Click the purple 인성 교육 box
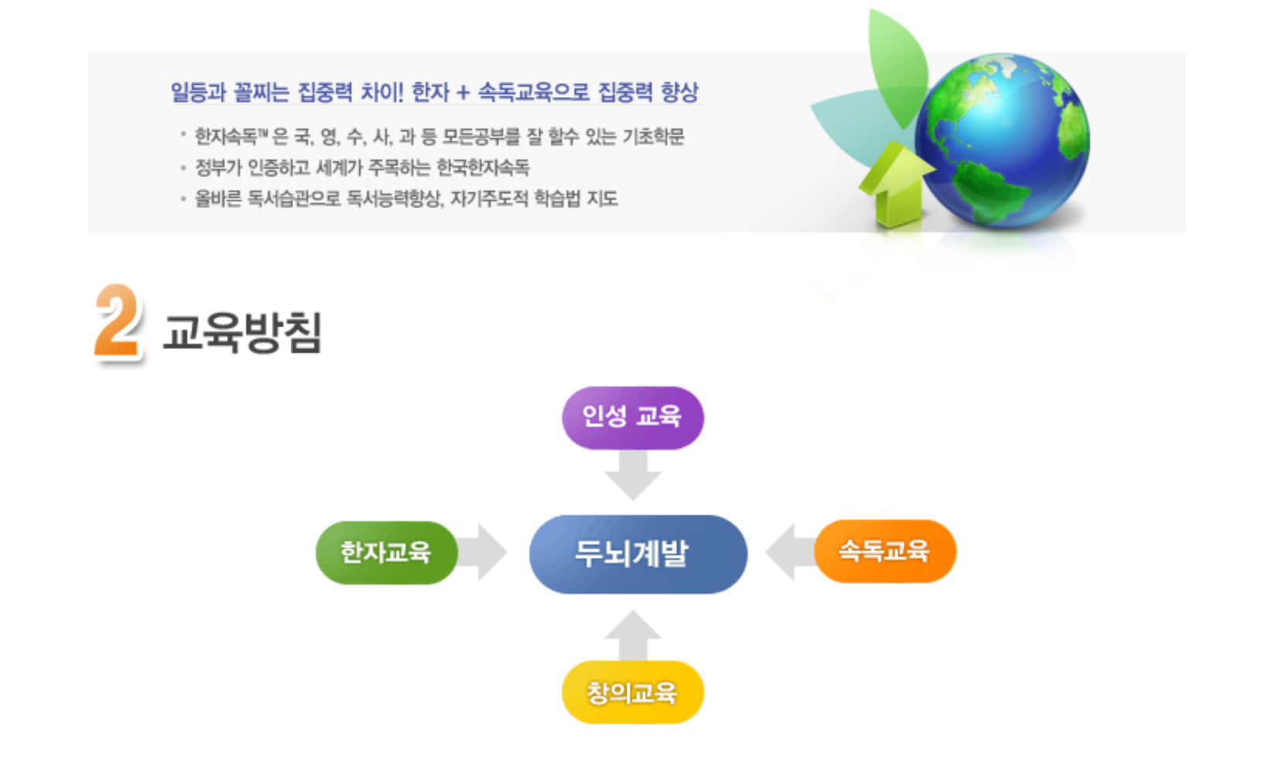click(x=632, y=418)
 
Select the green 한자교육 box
click(x=386, y=553)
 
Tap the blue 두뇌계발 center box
click(x=639, y=554)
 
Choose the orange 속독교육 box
click(x=886, y=551)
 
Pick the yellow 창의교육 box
click(x=632, y=692)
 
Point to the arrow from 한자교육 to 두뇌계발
click(x=482, y=552)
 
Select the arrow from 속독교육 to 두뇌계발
click(x=790, y=552)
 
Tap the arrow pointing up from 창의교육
click(x=633, y=635)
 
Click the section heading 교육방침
click(x=242, y=332)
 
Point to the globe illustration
click(x=1002, y=141)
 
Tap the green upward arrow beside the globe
click(x=896, y=184)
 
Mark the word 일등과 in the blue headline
click(x=199, y=92)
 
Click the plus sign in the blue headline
click(x=463, y=92)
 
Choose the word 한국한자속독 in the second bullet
click(x=483, y=167)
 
